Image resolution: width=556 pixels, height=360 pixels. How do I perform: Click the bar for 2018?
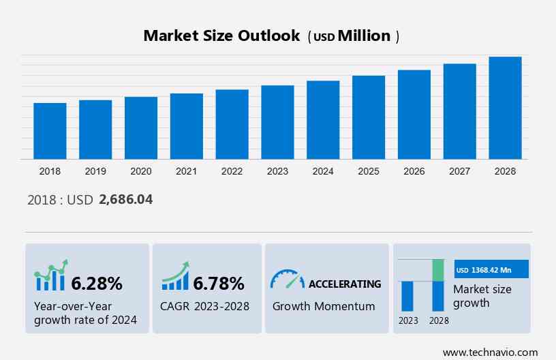(50, 131)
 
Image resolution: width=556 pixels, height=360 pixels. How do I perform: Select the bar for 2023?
(277, 122)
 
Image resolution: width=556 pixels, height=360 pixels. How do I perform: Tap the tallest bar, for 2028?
(505, 108)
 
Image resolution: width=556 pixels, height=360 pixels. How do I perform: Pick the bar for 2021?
(187, 126)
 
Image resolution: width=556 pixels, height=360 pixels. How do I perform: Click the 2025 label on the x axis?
(369, 171)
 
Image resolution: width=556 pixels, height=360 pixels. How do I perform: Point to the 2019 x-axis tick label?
(95, 171)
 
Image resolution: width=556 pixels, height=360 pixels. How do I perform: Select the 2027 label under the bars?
(460, 171)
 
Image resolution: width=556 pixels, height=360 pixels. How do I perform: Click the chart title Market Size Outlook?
(221, 36)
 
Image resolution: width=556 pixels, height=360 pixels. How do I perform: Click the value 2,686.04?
(125, 200)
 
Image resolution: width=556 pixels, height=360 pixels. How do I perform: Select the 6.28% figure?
(97, 283)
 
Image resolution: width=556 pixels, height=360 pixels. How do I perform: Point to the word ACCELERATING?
(345, 284)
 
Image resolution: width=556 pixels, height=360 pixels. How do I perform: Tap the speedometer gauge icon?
(287, 280)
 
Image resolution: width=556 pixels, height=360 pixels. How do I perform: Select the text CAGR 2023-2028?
(205, 306)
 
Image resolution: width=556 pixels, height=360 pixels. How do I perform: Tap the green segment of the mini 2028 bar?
(438, 270)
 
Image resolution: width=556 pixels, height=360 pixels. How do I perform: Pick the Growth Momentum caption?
(324, 306)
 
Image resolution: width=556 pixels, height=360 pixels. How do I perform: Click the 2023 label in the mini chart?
(408, 320)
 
